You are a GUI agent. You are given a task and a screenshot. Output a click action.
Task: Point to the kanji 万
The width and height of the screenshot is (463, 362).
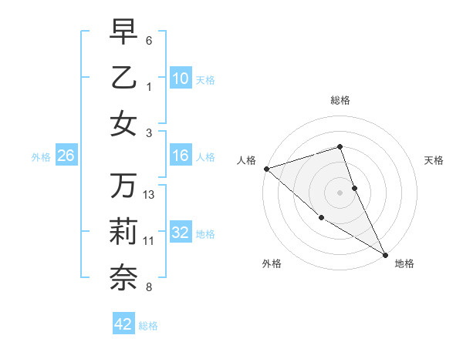pos(123,186)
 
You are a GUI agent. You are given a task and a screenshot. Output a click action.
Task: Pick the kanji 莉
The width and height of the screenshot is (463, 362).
pos(123,233)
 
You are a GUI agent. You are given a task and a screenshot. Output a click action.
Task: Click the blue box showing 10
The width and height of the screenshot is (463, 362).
pos(180,79)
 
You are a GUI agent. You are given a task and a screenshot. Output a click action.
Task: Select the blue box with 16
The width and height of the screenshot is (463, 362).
pos(180,156)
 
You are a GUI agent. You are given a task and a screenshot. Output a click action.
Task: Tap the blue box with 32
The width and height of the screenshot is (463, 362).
pos(180,233)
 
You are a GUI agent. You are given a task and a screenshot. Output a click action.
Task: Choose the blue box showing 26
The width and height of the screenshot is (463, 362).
pos(66,156)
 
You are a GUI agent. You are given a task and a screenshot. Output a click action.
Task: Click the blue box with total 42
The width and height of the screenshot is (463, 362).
pos(123,324)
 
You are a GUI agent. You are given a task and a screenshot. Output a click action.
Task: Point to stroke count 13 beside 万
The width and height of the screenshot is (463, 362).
pos(150,194)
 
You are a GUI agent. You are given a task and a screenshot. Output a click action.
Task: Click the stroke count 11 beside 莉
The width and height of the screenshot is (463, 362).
pos(149,241)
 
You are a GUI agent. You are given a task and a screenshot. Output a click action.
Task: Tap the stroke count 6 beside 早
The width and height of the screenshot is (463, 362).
pos(149,40)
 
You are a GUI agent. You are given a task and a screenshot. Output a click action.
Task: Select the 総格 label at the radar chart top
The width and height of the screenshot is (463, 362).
pos(340,100)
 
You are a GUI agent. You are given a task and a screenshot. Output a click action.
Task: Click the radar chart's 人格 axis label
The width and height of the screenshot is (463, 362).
pos(247,160)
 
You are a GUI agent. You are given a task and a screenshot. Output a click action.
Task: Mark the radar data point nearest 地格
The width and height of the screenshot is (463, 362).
pos(385,254)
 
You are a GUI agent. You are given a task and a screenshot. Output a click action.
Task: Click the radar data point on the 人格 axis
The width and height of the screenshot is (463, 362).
pos(266,169)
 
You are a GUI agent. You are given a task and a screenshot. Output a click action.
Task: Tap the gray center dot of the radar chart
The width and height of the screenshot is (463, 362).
pos(340,192)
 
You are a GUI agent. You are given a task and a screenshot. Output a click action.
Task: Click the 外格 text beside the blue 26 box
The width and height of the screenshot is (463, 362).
pos(41,157)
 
